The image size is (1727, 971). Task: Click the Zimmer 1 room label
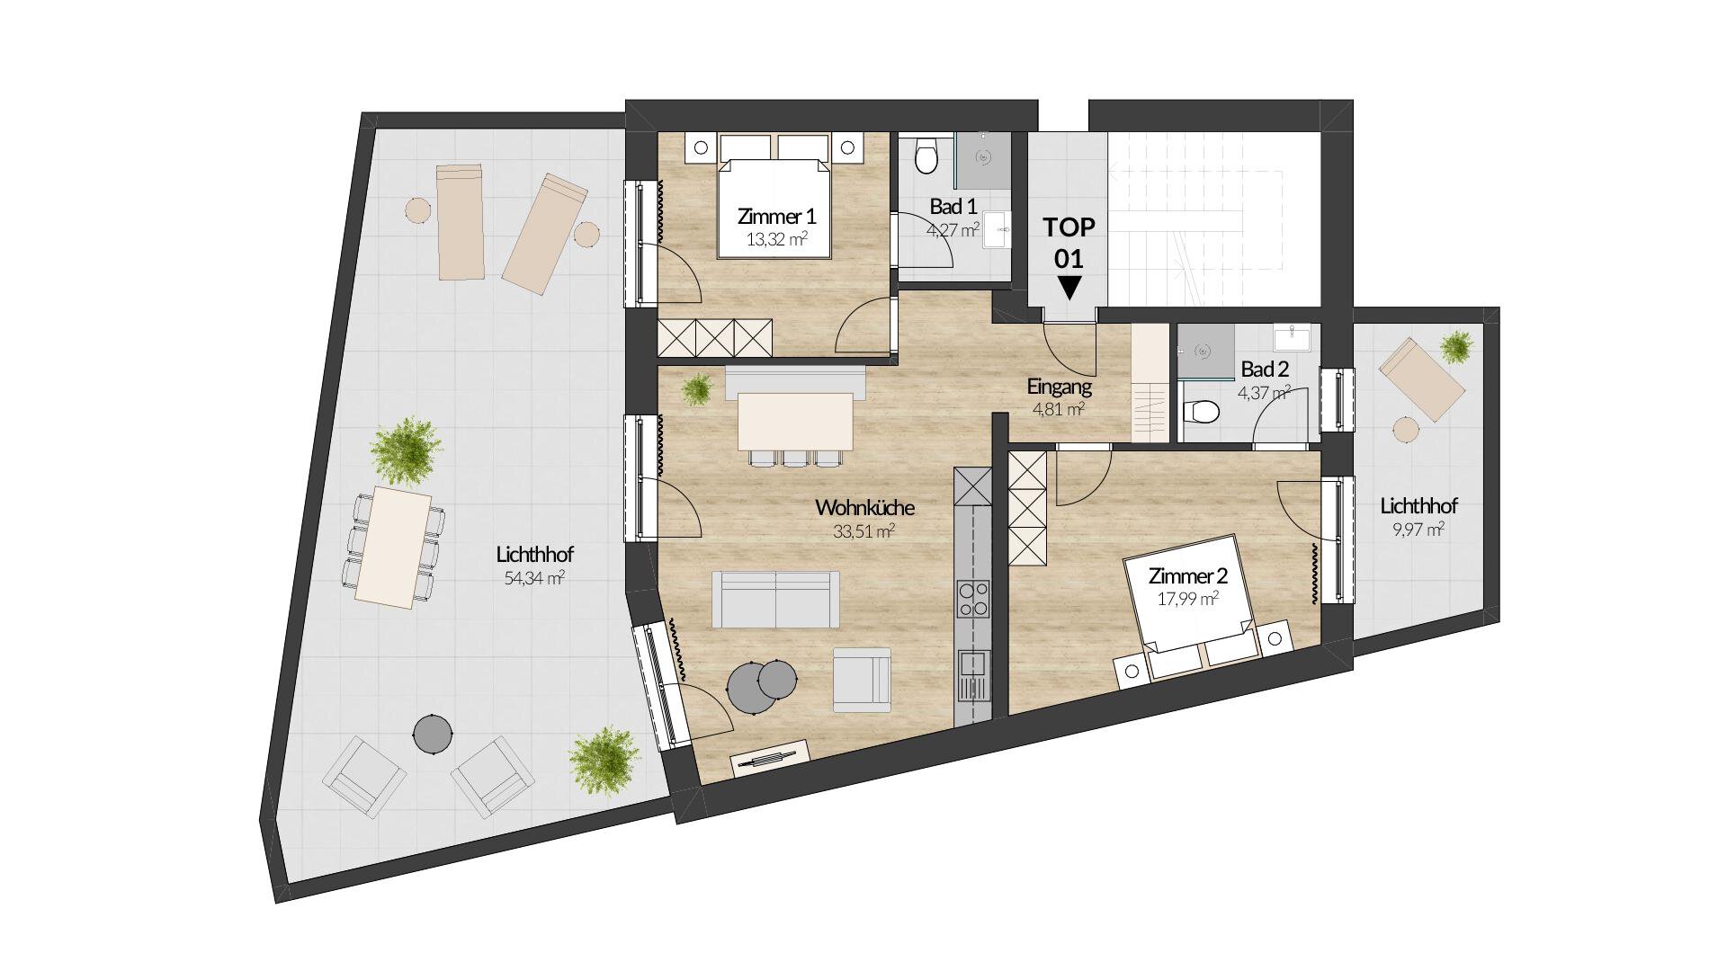776,217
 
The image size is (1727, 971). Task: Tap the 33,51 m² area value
863,531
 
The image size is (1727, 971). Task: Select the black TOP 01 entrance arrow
1069,288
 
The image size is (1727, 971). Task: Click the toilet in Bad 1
926,156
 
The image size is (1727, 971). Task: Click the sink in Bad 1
997,229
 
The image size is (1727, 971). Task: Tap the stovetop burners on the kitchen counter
972,599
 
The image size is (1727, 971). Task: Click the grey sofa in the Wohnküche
775,599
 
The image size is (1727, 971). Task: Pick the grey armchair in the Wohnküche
862,680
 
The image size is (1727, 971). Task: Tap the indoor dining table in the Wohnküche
794,422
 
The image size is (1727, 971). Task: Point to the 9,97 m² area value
1418,530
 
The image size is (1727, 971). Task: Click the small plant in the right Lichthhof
1455,345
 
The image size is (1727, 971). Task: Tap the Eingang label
1059,387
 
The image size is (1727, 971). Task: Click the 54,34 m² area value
534,578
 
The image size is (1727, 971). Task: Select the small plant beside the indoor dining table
697,389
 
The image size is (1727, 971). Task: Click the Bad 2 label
1265,369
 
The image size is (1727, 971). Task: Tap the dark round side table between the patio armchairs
433,733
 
